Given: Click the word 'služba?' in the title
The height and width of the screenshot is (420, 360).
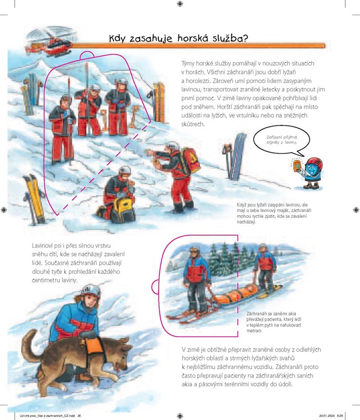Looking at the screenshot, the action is click(231, 38).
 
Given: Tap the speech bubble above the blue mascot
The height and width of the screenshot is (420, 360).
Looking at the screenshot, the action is click(282, 141).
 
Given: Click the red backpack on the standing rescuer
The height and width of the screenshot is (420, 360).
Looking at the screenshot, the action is click(189, 161).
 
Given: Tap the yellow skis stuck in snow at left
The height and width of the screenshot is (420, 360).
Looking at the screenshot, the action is click(34, 198).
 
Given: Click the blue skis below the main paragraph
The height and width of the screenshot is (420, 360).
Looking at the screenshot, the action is click(236, 156).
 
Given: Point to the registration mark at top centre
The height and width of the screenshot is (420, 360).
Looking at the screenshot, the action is click(180, 4).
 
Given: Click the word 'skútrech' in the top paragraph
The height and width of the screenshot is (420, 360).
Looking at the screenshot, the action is click(193, 124).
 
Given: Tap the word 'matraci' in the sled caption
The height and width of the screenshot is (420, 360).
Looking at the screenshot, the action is click(254, 331).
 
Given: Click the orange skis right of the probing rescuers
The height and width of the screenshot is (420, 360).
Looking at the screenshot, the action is click(159, 102).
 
